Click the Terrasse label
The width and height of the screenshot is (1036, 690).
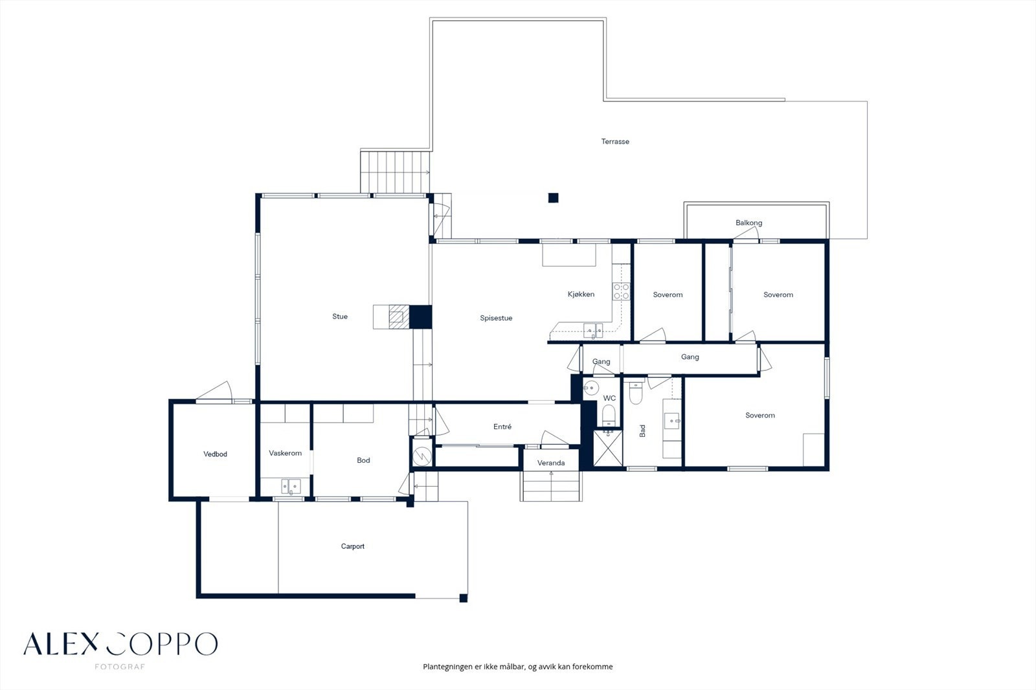pyautogui.click(x=615, y=142)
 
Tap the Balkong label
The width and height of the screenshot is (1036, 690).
pyautogui.click(x=749, y=223)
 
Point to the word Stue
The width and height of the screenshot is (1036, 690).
pyautogui.click(x=340, y=317)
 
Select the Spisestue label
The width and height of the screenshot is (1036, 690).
pyautogui.click(x=496, y=318)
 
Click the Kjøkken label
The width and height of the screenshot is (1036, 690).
pyautogui.click(x=581, y=294)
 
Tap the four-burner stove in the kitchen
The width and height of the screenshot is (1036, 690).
pyautogui.click(x=621, y=291)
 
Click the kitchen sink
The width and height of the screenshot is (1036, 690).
pyautogui.click(x=593, y=331)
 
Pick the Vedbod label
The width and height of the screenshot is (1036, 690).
pyautogui.click(x=215, y=454)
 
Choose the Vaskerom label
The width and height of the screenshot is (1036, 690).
pyautogui.click(x=285, y=453)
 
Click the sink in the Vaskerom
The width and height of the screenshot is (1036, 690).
pyautogui.click(x=291, y=486)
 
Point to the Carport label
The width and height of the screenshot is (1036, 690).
pyautogui.click(x=352, y=546)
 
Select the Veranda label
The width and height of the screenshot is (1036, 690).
pyautogui.click(x=551, y=463)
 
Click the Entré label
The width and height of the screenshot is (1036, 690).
pyautogui.click(x=502, y=427)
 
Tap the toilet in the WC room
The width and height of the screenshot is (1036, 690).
pyautogui.click(x=608, y=416)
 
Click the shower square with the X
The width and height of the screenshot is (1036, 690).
pyautogui.click(x=608, y=448)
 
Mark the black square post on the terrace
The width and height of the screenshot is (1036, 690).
pyautogui.click(x=553, y=198)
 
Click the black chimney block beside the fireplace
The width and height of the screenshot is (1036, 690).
pyautogui.click(x=420, y=317)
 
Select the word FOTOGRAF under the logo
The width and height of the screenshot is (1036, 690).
pyautogui.click(x=120, y=667)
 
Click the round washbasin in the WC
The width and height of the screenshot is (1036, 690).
pyautogui.click(x=591, y=388)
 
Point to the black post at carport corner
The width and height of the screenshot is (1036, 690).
pyautogui.click(x=464, y=599)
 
